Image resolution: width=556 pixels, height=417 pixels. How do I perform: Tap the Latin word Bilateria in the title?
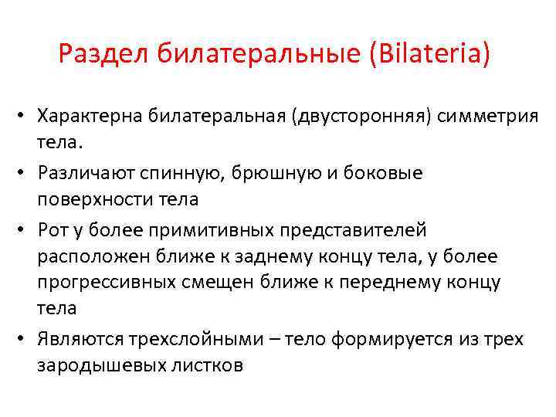[432, 56]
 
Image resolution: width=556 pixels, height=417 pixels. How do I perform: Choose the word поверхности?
[97, 200]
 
